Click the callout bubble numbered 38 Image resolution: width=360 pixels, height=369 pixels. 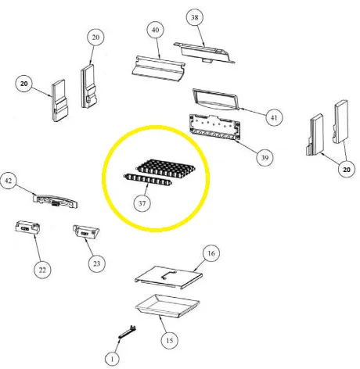click(195, 16)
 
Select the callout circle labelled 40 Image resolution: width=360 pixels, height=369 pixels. click(154, 29)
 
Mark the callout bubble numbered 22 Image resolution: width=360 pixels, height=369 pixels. click(42, 269)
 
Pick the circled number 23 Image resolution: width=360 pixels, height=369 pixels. click(96, 263)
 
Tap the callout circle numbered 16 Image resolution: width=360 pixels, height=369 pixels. click(210, 254)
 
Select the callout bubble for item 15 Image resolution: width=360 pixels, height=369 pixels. click(167, 341)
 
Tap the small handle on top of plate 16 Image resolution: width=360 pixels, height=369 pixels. click(166, 272)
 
